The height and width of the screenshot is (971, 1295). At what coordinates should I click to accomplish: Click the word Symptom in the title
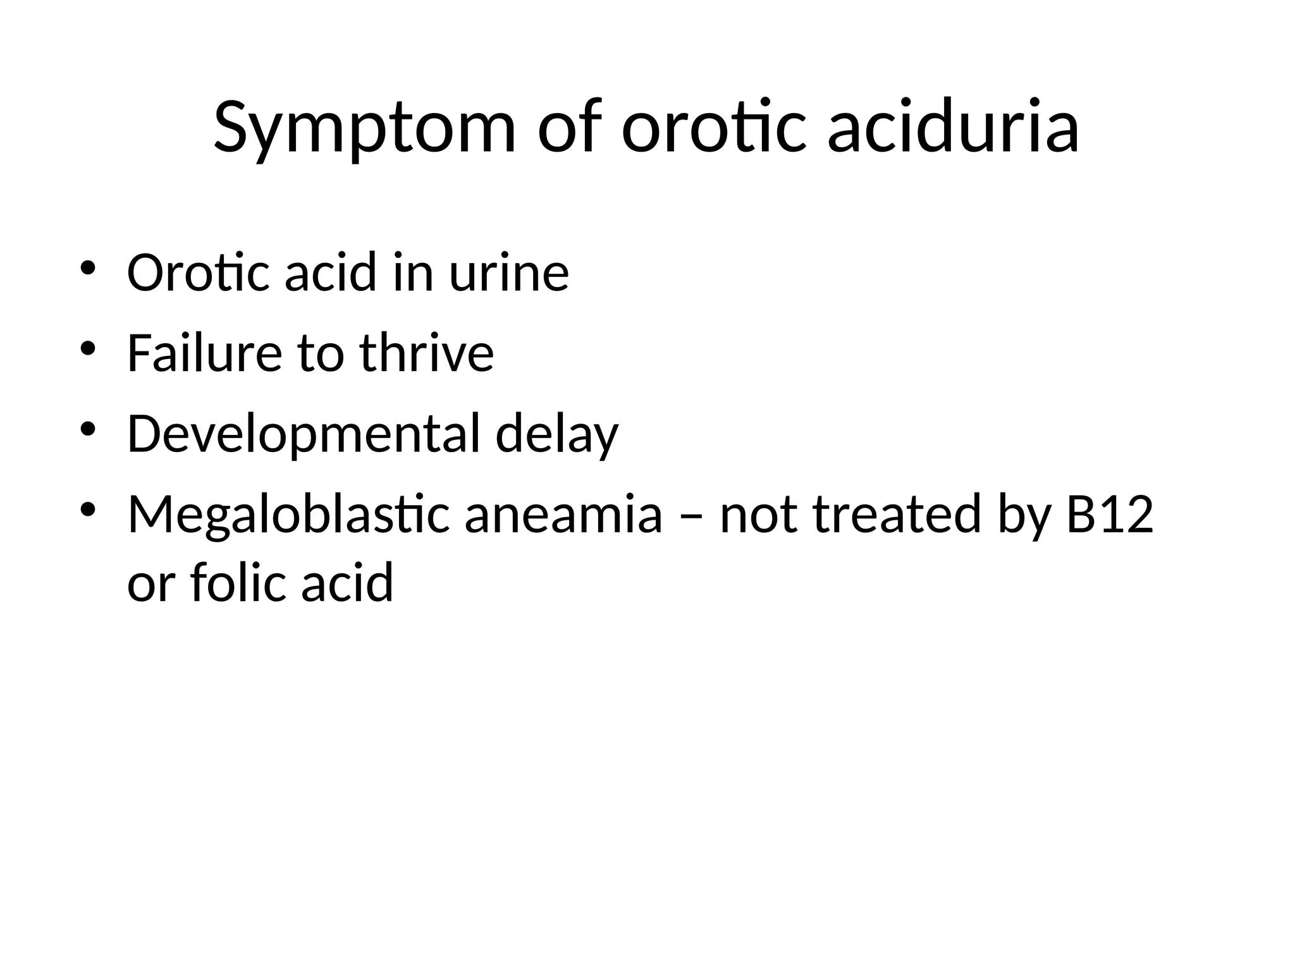(x=365, y=128)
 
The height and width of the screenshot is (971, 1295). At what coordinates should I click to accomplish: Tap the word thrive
(x=427, y=353)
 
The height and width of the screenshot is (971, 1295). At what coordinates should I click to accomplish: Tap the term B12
(x=1110, y=514)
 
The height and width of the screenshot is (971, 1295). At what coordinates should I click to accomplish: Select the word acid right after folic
(x=347, y=582)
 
